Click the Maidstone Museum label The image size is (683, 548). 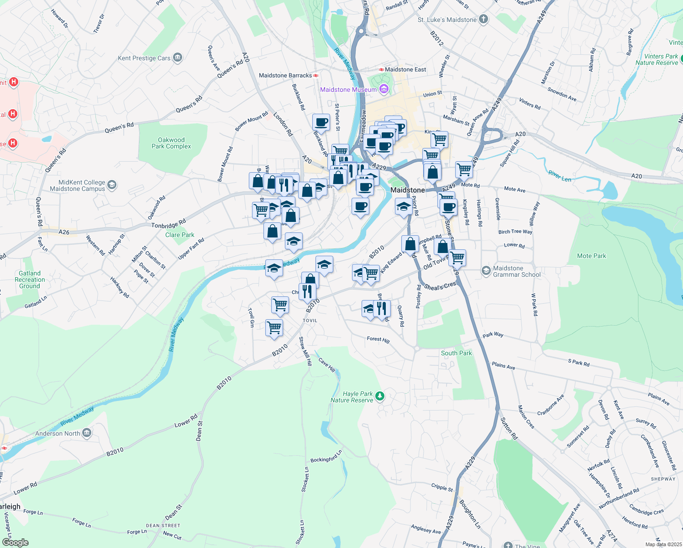[348, 90]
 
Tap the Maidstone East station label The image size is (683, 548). [405, 69]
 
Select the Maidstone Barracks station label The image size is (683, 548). [285, 75]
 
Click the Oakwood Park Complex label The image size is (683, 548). [171, 143]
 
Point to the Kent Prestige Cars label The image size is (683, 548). [144, 58]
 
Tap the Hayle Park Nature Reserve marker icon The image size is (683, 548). [380, 396]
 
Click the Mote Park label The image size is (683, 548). [591, 256]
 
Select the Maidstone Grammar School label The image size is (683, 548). [516, 271]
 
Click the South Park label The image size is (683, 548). [456, 353]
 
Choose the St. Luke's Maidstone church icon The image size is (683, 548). [483, 20]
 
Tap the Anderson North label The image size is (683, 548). [58, 433]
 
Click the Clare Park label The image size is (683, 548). [179, 235]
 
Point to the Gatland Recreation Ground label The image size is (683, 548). [30, 279]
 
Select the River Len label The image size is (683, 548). [560, 176]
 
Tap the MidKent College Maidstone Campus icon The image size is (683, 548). [112, 185]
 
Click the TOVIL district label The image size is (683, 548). [310, 321]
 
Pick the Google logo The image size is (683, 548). [15, 543]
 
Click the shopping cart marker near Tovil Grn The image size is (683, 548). [274, 327]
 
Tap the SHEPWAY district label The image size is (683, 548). [663, 479]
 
